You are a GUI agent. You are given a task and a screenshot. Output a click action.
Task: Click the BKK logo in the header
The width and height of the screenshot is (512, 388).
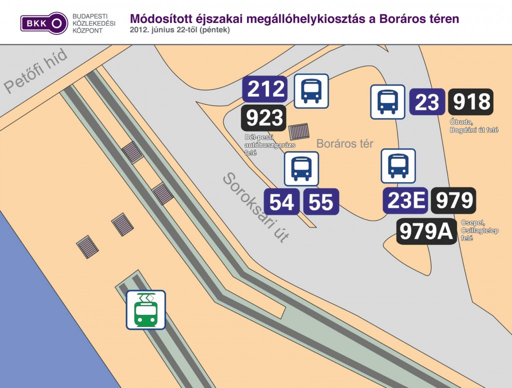(x=44, y=23)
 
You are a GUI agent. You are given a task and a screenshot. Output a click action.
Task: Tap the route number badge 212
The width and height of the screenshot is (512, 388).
(x=264, y=89)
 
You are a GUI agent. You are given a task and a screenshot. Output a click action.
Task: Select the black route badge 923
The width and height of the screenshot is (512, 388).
(x=264, y=118)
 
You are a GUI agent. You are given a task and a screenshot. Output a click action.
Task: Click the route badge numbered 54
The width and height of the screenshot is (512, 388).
(x=281, y=202)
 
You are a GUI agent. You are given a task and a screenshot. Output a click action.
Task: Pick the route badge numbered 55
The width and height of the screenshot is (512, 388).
(x=320, y=202)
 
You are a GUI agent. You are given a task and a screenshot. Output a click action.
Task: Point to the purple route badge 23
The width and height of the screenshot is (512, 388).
(x=427, y=103)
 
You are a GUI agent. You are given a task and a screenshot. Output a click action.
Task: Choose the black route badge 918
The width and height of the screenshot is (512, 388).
(x=470, y=102)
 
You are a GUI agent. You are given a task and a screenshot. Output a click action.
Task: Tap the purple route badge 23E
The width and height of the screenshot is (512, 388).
(x=405, y=201)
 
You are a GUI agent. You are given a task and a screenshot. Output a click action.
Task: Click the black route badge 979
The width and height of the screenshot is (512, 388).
(x=453, y=201)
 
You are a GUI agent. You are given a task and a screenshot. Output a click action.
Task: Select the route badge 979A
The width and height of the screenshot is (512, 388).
(x=426, y=231)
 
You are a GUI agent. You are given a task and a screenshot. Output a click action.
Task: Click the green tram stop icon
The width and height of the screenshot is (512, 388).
(x=145, y=310)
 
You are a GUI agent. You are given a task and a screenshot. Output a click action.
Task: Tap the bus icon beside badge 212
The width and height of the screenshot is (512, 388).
(x=311, y=91)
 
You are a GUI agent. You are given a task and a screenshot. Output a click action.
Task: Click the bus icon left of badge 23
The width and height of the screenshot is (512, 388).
(x=387, y=102)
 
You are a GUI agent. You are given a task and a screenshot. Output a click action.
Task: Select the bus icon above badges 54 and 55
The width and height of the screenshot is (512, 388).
(x=301, y=169)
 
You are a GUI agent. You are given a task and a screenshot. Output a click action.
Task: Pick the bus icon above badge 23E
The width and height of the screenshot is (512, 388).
(x=398, y=166)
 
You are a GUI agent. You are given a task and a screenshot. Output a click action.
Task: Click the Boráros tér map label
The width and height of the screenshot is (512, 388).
(x=344, y=144)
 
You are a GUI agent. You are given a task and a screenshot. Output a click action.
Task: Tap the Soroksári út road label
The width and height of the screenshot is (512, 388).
(x=255, y=207)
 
